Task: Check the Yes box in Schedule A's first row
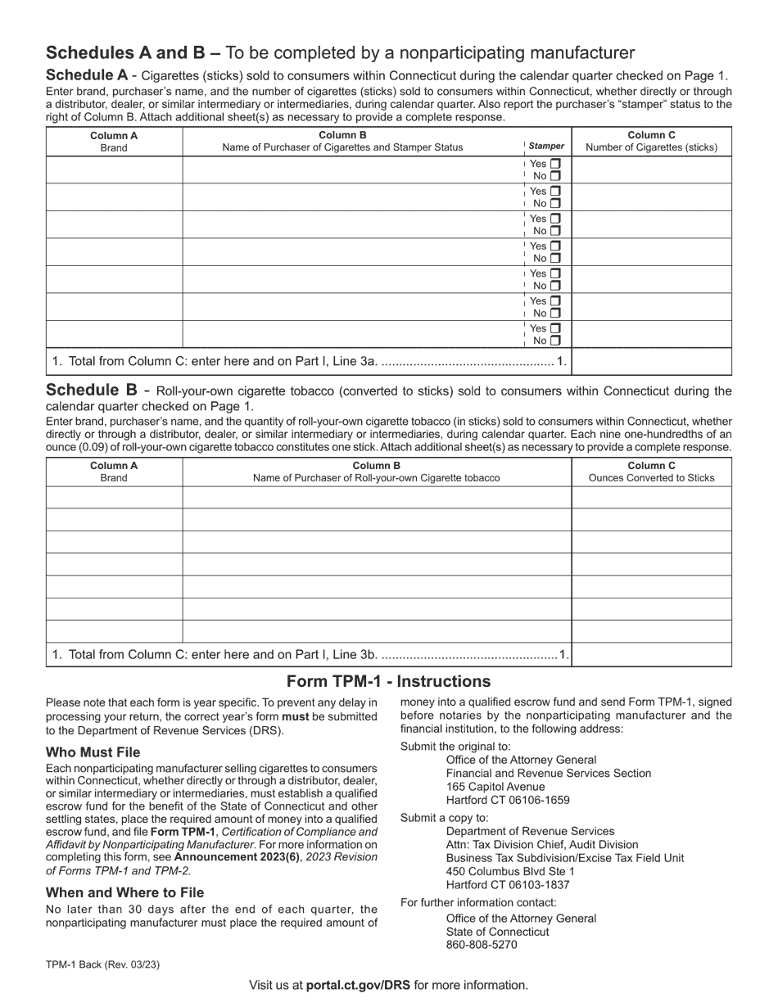pyautogui.click(x=555, y=164)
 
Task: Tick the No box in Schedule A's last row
pyautogui.click(x=555, y=341)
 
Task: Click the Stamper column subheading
pyautogui.click(x=546, y=147)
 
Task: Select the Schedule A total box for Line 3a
pyautogui.click(x=651, y=361)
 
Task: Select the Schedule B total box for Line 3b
pyautogui.click(x=651, y=655)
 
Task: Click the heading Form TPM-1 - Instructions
pyautogui.click(x=388, y=682)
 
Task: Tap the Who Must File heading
pyautogui.click(x=93, y=752)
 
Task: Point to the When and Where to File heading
pyautogui.click(x=124, y=892)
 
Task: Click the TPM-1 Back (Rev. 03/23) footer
pyautogui.click(x=102, y=964)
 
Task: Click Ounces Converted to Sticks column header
pyautogui.click(x=651, y=477)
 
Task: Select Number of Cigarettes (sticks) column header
pyautogui.click(x=651, y=147)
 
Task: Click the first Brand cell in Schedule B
pyautogui.click(x=114, y=498)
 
